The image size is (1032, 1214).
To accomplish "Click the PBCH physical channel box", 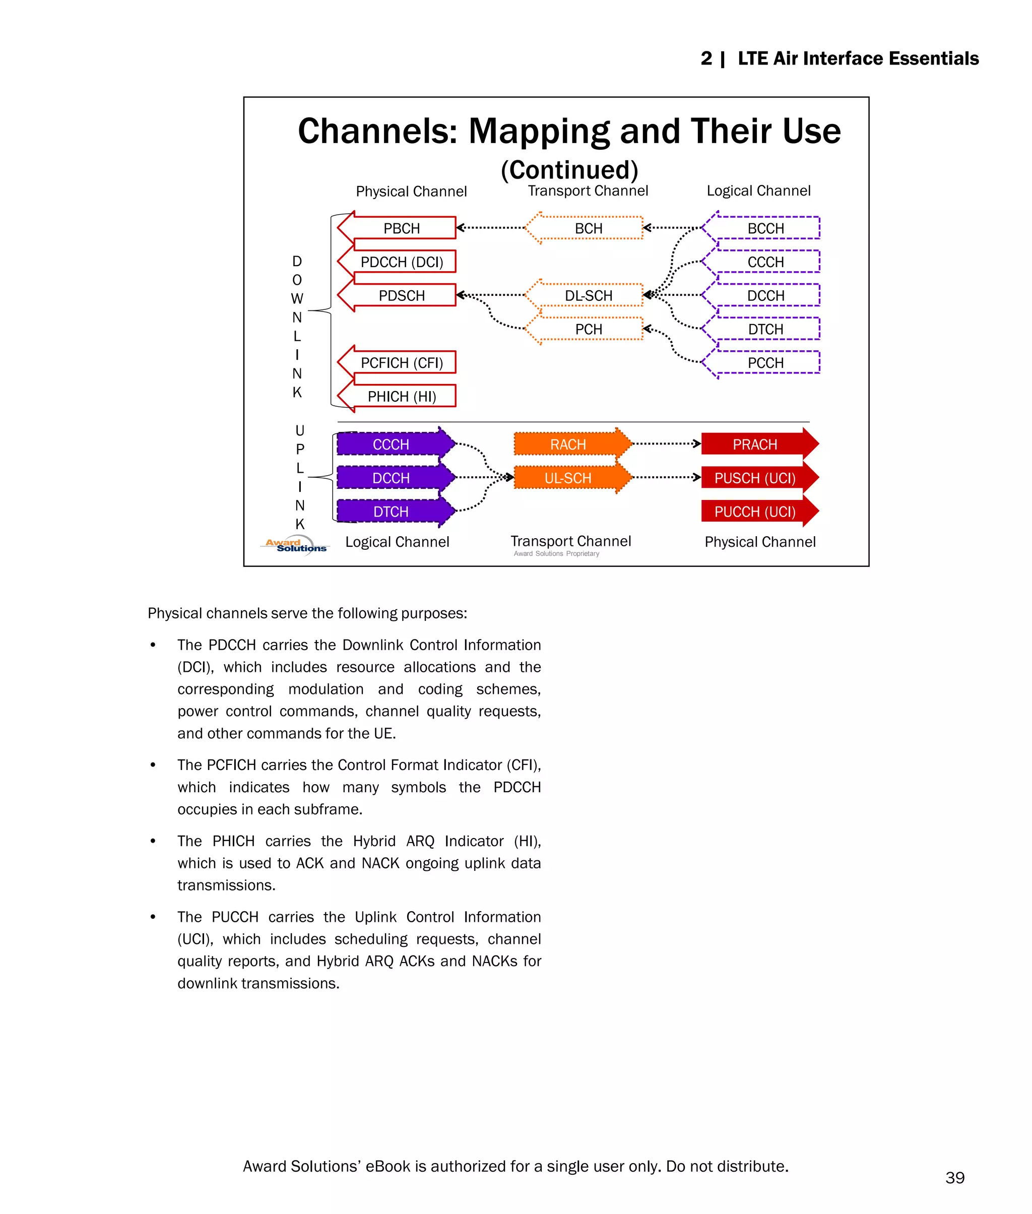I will pyautogui.click(x=401, y=228).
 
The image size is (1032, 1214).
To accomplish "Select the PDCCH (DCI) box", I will pyautogui.click(x=401, y=262).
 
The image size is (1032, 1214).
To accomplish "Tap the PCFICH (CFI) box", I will pyautogui.click(x=401, y=363).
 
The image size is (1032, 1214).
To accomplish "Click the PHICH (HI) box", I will pyautogui.click(x=401, y=397).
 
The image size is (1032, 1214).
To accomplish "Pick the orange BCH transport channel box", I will pyautogui.click(x=588, y=228).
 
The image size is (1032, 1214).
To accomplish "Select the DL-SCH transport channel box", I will pyautogui.click(x=588, y=295).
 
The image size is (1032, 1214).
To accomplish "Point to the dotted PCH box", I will pyautogui.click(x=588, y=330).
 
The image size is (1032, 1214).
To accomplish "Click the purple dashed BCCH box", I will pyautogui.click(x=765, y=228).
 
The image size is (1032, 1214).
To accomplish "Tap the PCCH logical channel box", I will pyautogui.click(x=765, y=363).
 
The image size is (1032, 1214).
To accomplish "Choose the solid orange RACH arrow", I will pyautogui.click(x=568, y=444).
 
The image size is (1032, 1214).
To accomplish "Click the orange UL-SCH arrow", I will pyautogui.click(x=568, y=478).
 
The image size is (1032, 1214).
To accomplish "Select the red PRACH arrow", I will pyautogui.click(x=755, y=444).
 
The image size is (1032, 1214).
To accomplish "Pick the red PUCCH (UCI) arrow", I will pyautogui.click(x=755, y=512).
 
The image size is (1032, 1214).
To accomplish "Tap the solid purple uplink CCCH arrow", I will pyautogui.click(x=391, y=444).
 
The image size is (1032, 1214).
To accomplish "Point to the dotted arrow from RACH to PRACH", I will pyautogui.click(x=666, y=443).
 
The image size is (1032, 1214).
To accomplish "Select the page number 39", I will pyautogui.click(x=955, y=1178).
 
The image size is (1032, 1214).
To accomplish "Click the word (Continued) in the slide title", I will pyautogui.click(x=569, y=170).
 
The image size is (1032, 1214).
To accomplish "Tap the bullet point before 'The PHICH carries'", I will pyautogui.click(x=153, y=841).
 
